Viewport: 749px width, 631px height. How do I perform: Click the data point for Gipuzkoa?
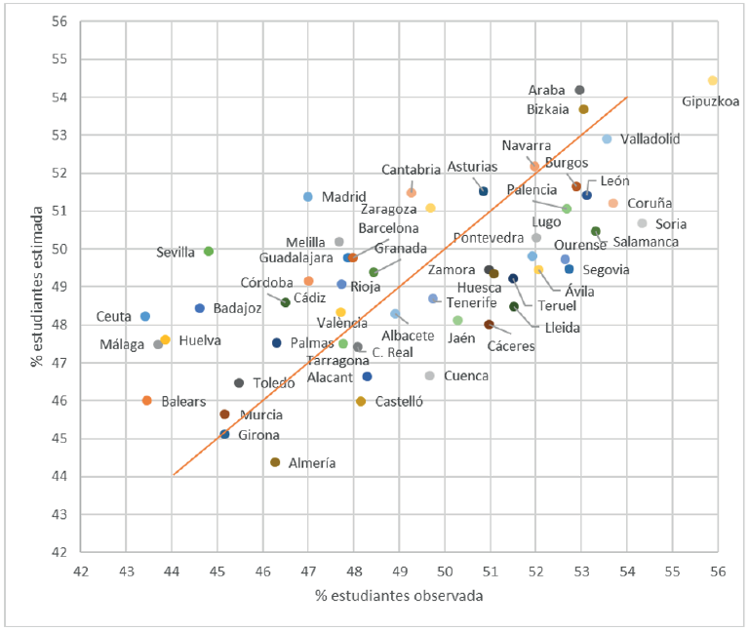(x=712, y=80)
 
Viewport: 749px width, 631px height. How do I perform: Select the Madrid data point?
(x=308, y=196)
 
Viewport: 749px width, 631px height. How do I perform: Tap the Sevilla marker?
(x=209, y=251)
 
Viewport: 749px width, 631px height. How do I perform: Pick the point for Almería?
(x=275, y=462)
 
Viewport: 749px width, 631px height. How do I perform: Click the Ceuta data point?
(x=145, y=316)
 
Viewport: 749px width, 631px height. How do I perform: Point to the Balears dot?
(x=147, y=400)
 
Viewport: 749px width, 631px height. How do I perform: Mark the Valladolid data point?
(x=607, y=139)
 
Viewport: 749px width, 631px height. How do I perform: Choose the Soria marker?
(x=642, y=223)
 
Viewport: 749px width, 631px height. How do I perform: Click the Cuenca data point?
(x=429, y=375)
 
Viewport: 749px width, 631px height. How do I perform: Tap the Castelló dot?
(x=361, y=401)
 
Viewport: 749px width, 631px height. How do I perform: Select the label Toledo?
(x=274, y=383)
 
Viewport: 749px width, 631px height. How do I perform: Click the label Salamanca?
(x=646, y=241)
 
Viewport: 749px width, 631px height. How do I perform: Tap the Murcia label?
(x=261, y=414)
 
